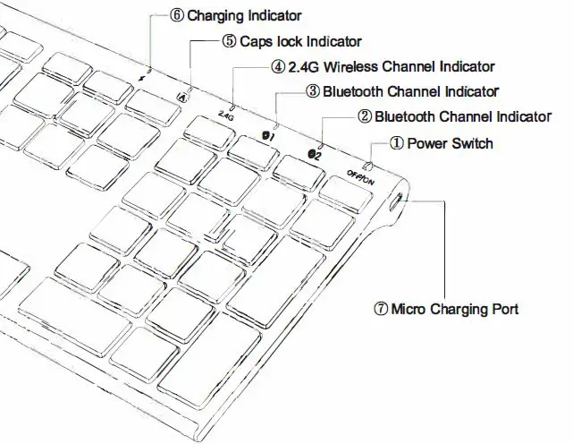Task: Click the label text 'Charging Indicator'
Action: point(244,15)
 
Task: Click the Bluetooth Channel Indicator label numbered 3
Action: point(409,90)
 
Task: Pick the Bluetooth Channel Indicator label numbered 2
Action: point(462,115)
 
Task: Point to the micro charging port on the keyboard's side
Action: point(396,203)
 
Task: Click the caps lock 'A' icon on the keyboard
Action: point(183,97)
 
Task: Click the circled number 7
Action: point(380,309)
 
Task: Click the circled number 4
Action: point(278,66)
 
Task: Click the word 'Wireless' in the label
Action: point(352,66)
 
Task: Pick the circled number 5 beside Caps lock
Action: point(229,40)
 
